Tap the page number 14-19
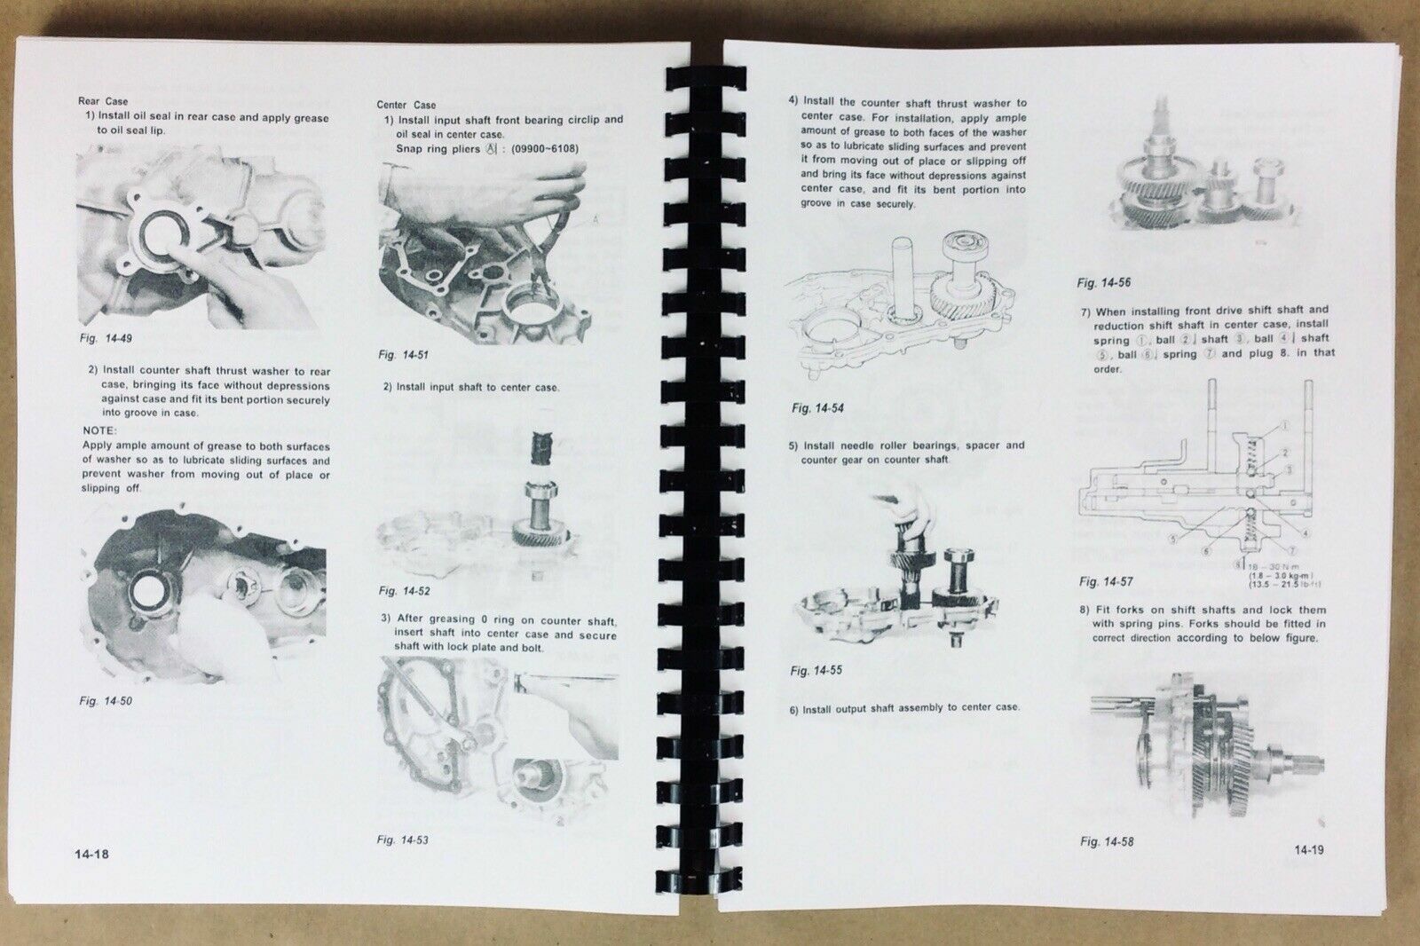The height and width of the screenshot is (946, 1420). click(x=1309, y=850)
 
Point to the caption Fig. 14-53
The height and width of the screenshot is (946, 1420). click(x=403, y=839)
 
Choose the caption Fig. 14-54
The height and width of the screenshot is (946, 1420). click(x=817, y=408)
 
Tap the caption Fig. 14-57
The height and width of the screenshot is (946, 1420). click(x=1106, y=582)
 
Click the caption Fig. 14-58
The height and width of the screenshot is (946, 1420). click(x=1107, y=841)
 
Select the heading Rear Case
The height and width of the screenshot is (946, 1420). click(x=103, y=101)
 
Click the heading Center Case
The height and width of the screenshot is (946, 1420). click(x=406, y=105)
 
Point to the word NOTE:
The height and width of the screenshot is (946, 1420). click(x=99, y=430)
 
